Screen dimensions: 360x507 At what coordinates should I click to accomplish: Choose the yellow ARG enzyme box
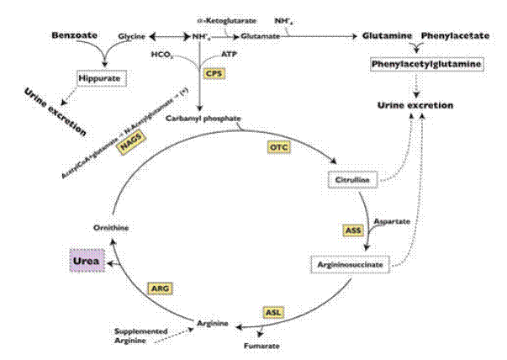[x=160, y=289]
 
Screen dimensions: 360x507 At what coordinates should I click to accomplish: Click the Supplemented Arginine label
[x=139, y=336]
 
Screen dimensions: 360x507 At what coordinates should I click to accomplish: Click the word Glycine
[x=131, y=38]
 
